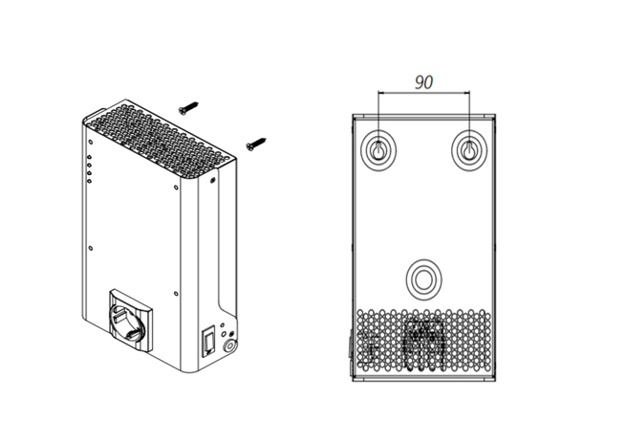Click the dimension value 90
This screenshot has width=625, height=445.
pyautogui.click(x=423, y=82)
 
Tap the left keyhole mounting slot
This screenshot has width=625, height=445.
pyautogui.click(x=378, y=150)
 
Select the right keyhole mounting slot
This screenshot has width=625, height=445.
pyautogui.click(x=469, y=150)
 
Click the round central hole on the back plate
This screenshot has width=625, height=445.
pyautogui.click(x=423, y=278)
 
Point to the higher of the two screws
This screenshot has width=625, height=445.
pyautogui.click(x=188, y=108)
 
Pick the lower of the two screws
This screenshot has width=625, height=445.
pyautogui.click(x=256, y=145)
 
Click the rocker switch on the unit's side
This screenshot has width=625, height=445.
pyautogui.click(x=209, y=342)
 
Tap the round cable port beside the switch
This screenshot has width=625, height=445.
pyautogui.click(x=230, y=346)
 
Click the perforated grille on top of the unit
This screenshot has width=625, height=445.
pyautogui.click(x=160, y=140)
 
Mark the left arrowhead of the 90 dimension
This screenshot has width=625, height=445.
pyautogui.click(x=380, y=93)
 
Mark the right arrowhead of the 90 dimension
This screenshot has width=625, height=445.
pyautogui.click(x=467, y=93)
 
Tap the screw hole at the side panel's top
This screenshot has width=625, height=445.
pyautogui.click(x=212, y=180)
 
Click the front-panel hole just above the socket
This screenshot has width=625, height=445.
pyautogui.click(x=176, y=294)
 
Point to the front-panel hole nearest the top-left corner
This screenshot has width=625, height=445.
pyautogui.click(x=91, y=142)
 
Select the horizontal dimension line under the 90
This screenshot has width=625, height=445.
pyautogui.click(x=423, y=93)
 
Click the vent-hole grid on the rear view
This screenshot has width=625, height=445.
pyautogui.click(x=423, y=340)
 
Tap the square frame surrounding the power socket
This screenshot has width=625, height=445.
pyautogui.click(x=131, y=322)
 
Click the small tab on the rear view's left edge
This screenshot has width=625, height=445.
pyautogui.click(x=351, y=344)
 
